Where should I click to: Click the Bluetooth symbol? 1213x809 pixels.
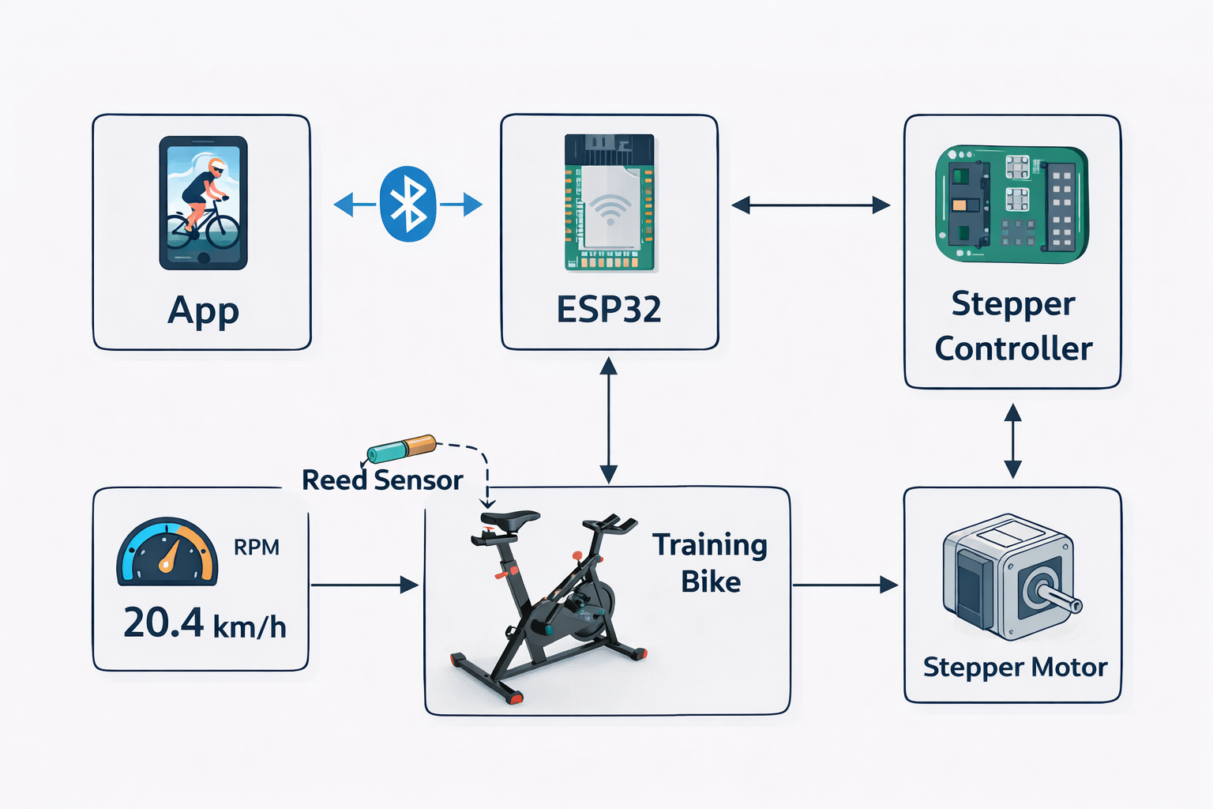coord(407,205)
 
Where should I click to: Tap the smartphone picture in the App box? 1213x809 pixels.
coord(203,203)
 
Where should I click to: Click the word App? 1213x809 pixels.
coord(203,310)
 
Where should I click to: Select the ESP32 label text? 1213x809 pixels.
coord(609,310)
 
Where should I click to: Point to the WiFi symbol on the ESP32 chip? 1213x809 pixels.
coord(610,209)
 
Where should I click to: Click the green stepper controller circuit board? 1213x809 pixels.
coord(1012,204)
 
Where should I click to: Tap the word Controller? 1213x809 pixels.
coord(1013,348)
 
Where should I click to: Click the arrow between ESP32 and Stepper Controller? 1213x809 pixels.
coord(811,205)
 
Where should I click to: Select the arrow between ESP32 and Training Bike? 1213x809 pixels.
coord(609,420)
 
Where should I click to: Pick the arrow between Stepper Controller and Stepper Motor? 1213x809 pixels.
coord(1012,441)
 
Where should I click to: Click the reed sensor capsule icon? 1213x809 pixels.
coord(401,448)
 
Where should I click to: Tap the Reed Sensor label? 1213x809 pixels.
coord(382,480)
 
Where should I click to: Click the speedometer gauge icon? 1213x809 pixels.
coord(167,551)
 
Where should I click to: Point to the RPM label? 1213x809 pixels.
coord(257,547)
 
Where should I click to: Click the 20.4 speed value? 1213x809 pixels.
coord(163,623)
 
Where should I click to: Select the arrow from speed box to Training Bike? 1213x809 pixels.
coord(364,585)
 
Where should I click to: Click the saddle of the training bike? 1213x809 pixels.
coord(509,518)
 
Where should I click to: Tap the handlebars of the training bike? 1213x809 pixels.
coord(610,524)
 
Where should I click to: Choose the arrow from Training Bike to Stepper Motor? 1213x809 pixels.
coord(845,585)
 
